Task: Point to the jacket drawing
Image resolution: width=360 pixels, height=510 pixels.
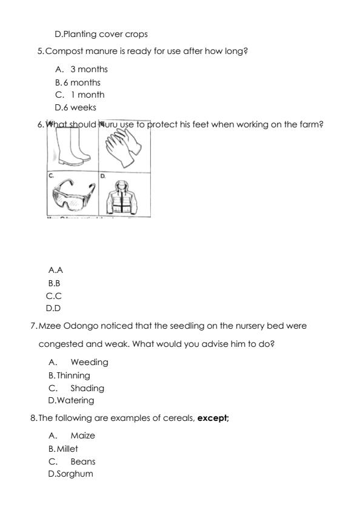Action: click(x=124, y=194)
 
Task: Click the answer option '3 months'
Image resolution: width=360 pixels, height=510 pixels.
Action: click(x=88, y=69)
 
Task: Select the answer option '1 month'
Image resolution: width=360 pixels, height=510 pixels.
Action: click(x=87, y=95)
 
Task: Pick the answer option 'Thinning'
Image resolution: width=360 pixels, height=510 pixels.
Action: click(x=73, y=375)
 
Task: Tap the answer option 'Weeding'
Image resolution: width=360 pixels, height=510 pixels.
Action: click(x=89, y=362)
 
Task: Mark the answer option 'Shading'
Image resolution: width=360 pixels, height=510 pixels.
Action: click(x=87, y=388)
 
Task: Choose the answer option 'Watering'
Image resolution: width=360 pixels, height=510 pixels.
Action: click(x=76, y=400)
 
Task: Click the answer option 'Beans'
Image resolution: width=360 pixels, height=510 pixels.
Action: click(x=82, y=461)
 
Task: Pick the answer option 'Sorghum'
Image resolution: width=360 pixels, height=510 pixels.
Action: click(x=75, y=474)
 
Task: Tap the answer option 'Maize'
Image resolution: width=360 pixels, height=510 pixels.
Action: click(x=82, y=435)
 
